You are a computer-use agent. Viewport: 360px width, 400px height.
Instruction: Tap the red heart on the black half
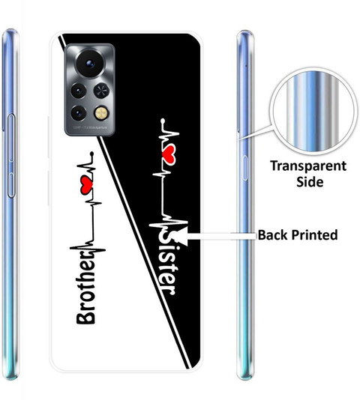[168, 154]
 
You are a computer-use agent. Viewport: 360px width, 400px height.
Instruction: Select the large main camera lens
[90, 63]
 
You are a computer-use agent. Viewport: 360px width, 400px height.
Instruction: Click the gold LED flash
[102, 113]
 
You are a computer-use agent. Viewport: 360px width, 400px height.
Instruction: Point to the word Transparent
[308, 166]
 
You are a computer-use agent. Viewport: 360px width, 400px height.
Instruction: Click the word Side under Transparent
[310, 181]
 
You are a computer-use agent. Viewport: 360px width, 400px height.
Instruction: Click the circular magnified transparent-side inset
[313, 111]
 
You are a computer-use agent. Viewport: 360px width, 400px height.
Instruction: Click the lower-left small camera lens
[79, 113]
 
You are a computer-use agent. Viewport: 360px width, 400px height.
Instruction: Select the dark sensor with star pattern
[101, 91]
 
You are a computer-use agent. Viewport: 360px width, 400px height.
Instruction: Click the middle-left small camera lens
[79, 91]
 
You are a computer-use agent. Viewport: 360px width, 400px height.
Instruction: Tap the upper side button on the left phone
[11, 139]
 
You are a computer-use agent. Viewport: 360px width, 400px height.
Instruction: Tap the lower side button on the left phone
[11, 185]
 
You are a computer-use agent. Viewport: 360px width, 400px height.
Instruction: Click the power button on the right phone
[245, 168]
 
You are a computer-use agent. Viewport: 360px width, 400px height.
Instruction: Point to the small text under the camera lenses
[90, 127]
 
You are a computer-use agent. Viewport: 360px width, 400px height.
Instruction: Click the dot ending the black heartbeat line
[92, 154]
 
